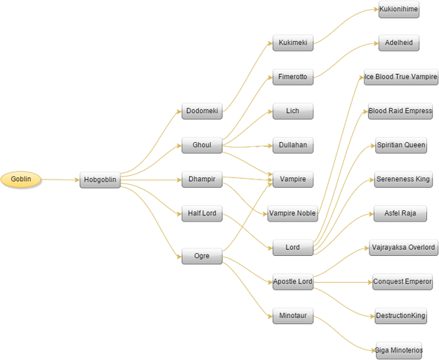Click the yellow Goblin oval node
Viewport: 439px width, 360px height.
[x=21, y=180]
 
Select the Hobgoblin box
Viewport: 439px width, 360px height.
[x=100, y=180]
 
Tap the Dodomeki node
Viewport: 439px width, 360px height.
[x=202, y=112]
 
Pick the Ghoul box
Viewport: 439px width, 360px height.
[x=202, y=145]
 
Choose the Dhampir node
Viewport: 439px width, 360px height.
[x=202, y=180]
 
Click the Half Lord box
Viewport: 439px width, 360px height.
[x=202, y=213]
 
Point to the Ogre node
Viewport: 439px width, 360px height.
[x=202, y=256]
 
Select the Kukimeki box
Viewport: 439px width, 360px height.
[x=293, y=43]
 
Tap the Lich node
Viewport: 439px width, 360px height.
[x=293, y=112]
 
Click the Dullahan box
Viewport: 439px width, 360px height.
[x=293, y=145]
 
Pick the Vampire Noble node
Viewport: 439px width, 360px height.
[x=292, y=213]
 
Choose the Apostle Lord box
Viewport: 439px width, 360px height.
[x=293, y=282]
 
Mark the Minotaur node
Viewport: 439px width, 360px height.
[x=293, y=316]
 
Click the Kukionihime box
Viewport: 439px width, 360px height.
[x=399, y=10]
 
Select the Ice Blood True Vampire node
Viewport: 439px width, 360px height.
[x=401, y=77]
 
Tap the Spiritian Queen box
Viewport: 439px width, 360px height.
[x=401, y=145]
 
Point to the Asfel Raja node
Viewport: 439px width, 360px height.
[x=400, y=213]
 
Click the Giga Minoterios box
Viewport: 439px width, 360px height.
[x=399, y=350]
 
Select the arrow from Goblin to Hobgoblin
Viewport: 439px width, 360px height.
[x=61, y=180]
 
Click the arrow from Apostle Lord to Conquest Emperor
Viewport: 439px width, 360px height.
[x=343, y=282]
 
